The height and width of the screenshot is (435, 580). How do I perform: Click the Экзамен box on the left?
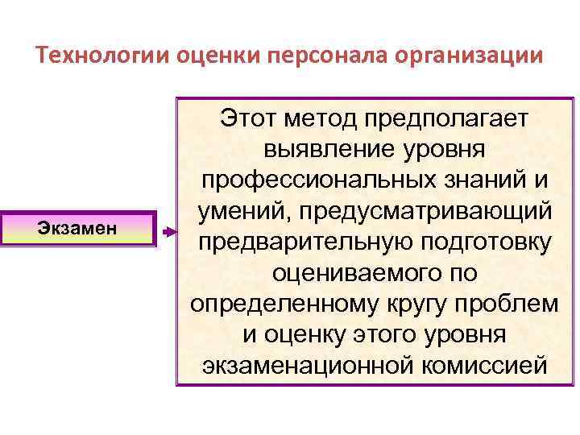(x=77, y=229)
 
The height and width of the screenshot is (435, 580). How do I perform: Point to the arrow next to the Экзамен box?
(x=167, y=231)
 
